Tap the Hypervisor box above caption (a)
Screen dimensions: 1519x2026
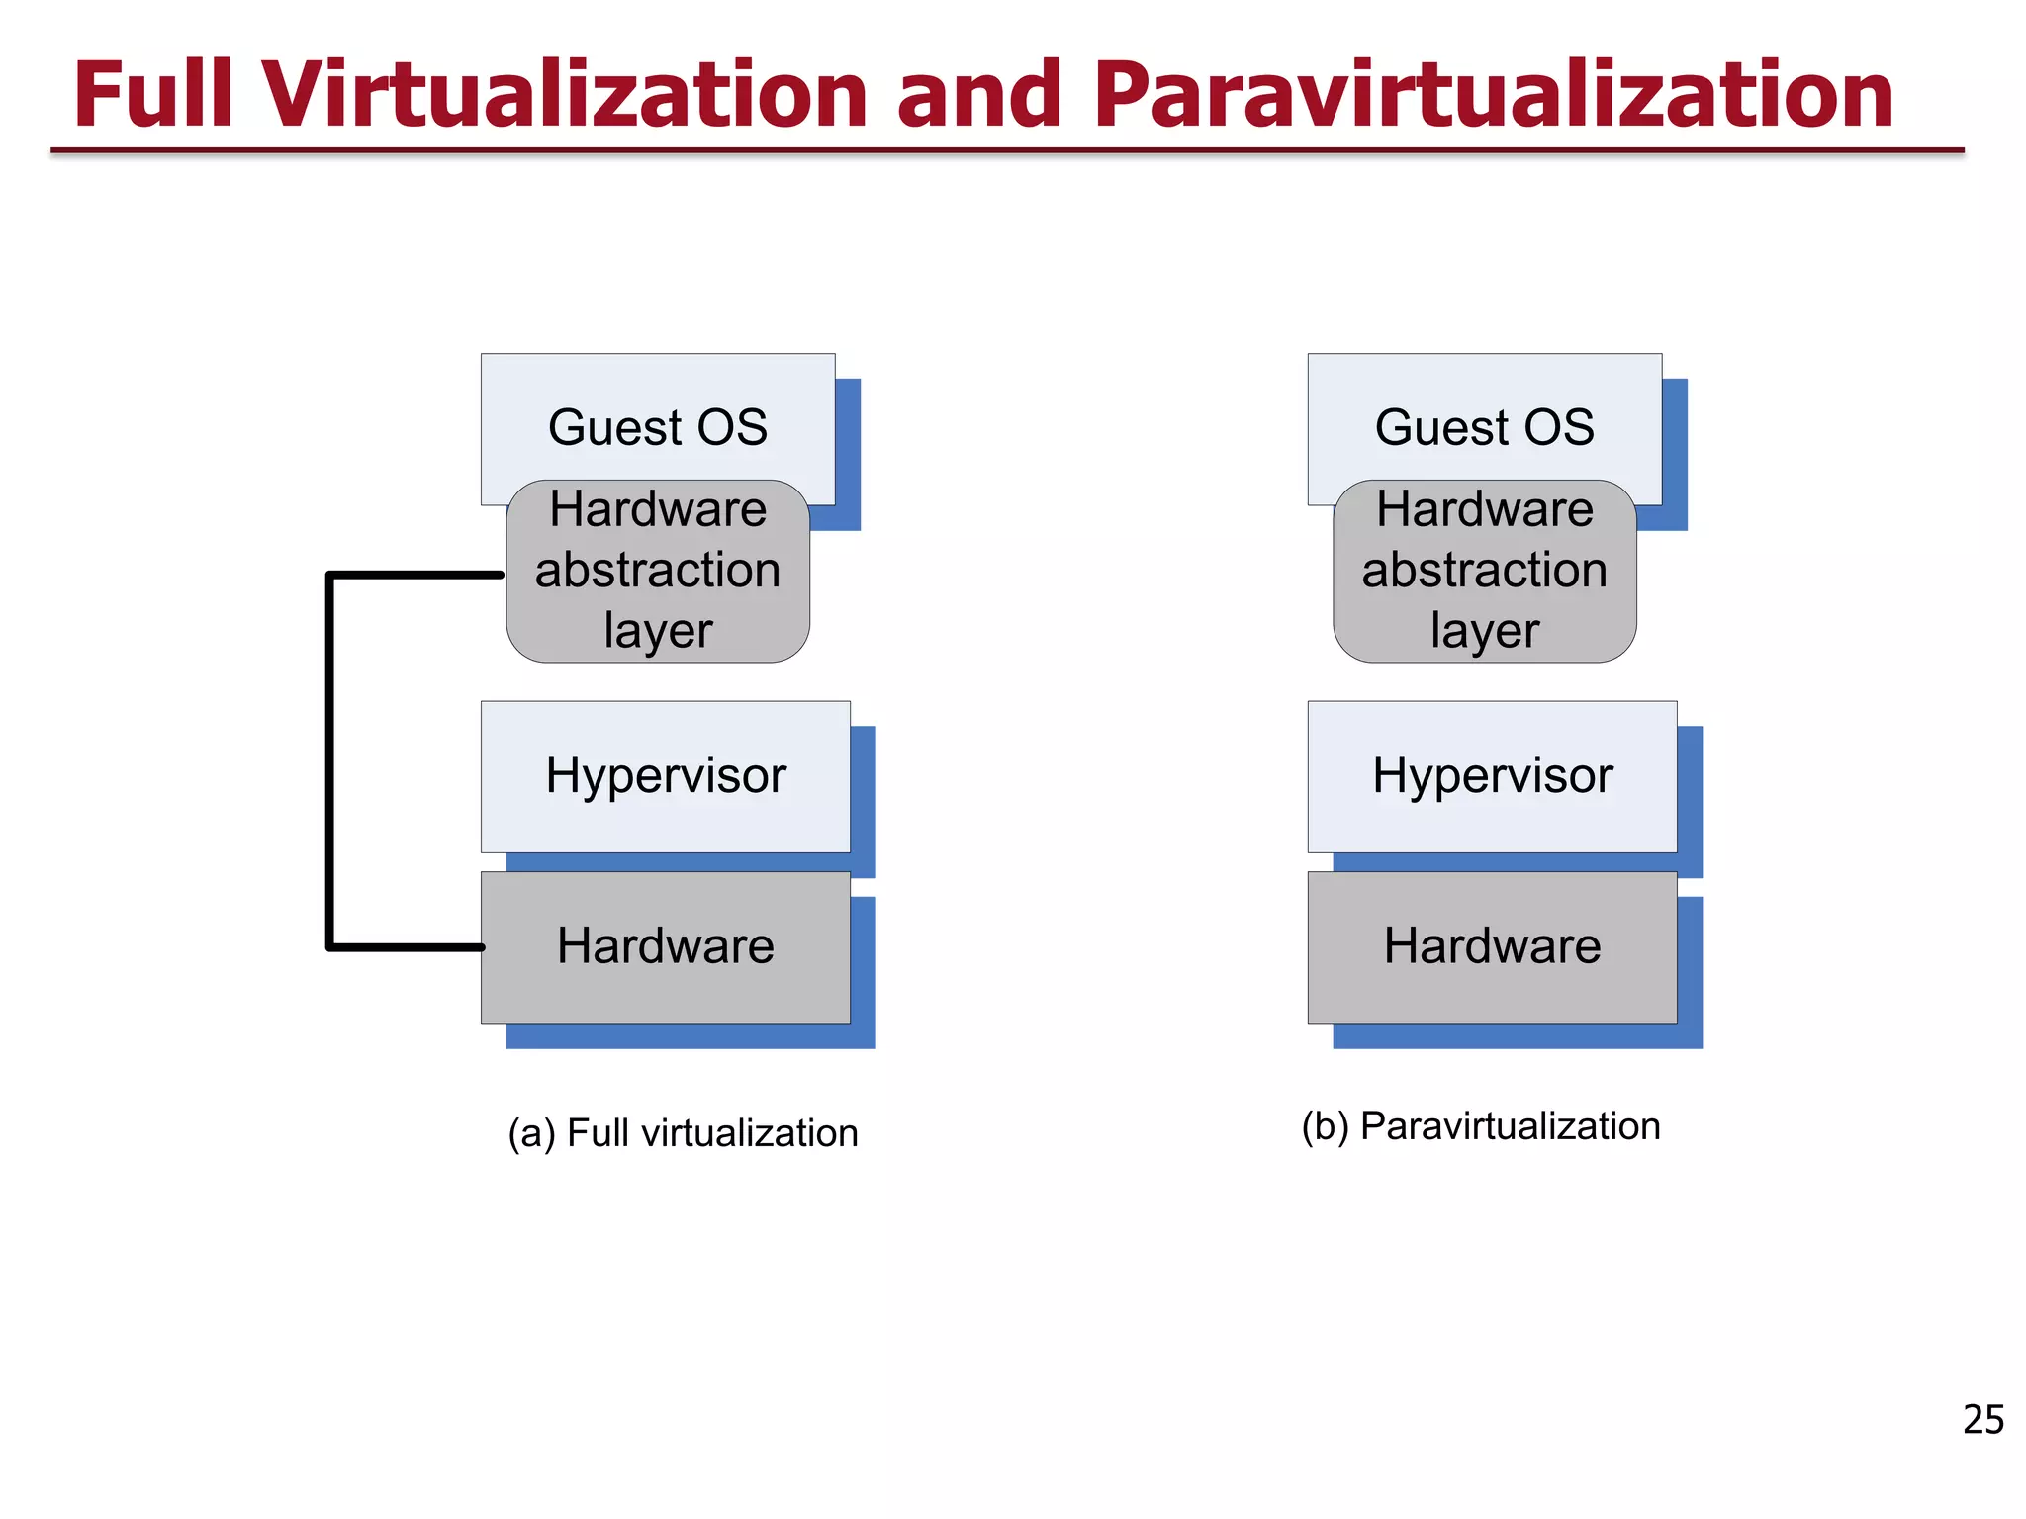pos(666,776)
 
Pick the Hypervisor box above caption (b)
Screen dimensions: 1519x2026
pos(1492,776)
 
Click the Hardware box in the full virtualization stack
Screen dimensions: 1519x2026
pos(666,946)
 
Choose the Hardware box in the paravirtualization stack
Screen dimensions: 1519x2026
pos(1492,946)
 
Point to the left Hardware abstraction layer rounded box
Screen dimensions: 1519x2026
pos(658,572)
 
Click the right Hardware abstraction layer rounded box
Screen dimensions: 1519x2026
pos(1484,572)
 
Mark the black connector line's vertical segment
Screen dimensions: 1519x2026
pos(329,761)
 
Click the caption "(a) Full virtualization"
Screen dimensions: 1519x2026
pos(683,1133)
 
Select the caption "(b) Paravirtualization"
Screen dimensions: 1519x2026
pos(1481,1126)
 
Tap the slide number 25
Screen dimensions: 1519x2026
pos(1982,1420)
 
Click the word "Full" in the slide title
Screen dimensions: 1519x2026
pos(153,95)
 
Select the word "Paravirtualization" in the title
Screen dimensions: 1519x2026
pos(1494,95)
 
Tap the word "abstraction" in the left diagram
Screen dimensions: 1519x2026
pos(658,571)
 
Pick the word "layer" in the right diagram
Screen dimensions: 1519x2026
pos(1485,631)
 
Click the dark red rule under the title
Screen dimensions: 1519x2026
pos(1007,151)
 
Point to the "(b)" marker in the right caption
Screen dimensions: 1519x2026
pos(1326,1126)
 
